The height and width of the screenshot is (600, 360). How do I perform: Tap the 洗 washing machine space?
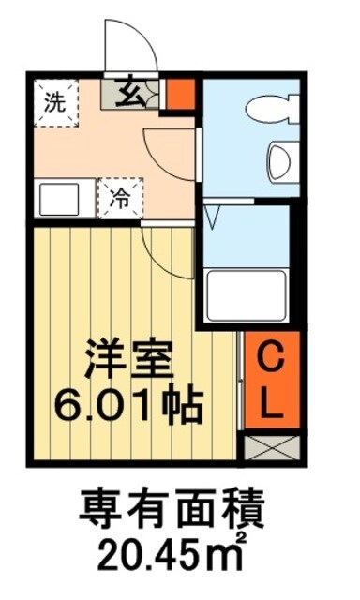(55, 101)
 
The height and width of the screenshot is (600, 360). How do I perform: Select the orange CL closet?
(272, 382)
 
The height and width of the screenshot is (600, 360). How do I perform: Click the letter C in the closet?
(272, 360)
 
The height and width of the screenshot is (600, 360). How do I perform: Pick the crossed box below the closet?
(272, 446)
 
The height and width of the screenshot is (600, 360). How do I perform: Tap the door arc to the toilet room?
(171, 150)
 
